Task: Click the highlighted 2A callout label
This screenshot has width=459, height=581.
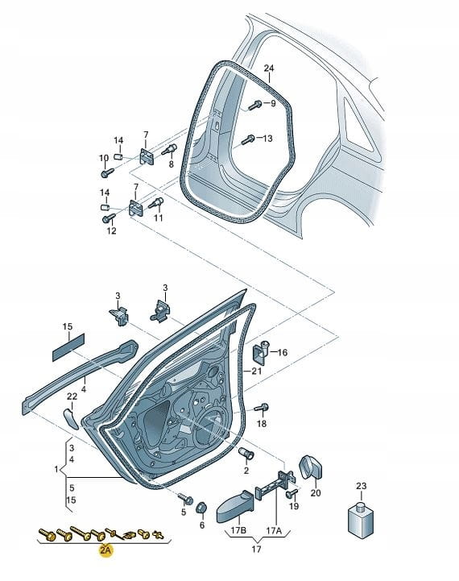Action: click(105, 550)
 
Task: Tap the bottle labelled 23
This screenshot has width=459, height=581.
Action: click(360, 519)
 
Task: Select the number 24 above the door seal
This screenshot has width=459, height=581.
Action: click(269, 68)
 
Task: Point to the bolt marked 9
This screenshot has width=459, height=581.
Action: click(255, 106)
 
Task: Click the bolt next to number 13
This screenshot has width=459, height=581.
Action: click(248, 139)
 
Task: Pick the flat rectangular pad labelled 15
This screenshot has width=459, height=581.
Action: click(68, 347)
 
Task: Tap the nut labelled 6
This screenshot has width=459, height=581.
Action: click(202, 508)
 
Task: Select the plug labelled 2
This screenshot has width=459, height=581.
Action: click(246, 452)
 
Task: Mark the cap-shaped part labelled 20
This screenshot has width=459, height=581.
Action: click(310, 467)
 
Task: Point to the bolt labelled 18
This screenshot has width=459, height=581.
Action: click(262, 408)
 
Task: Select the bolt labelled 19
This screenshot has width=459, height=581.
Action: click(292, 493)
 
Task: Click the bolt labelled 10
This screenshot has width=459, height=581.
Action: click(107, 172)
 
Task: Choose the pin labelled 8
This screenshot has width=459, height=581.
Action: click(169, 150)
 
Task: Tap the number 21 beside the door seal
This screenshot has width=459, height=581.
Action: click(257, 371)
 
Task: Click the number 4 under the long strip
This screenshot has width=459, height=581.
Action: click(84, 389)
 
